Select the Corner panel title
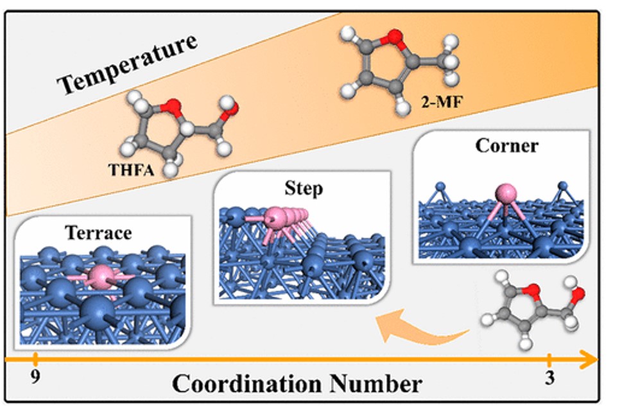[506, 146]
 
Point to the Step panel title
[303, 188]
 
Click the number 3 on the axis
[549, 378]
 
